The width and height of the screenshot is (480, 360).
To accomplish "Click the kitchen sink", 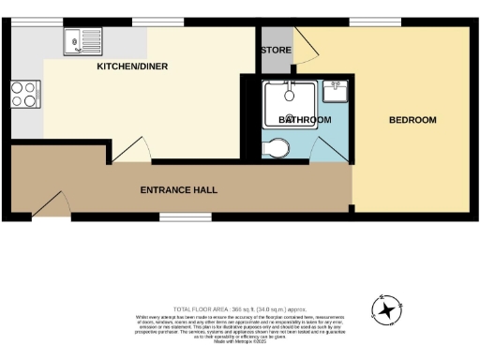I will point(76,40).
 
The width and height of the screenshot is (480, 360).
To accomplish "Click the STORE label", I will point(276,49).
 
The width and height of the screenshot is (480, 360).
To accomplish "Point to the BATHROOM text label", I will point(305,121).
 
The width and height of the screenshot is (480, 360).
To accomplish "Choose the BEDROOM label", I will point(413,120).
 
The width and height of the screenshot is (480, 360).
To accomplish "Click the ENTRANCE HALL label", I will point(178,189).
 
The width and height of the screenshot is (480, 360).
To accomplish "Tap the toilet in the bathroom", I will point(277,147).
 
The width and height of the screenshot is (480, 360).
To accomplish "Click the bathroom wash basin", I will point(336,91).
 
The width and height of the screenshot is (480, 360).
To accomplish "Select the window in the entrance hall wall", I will point(172,217).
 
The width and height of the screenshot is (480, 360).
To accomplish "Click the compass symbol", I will point(386,307).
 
